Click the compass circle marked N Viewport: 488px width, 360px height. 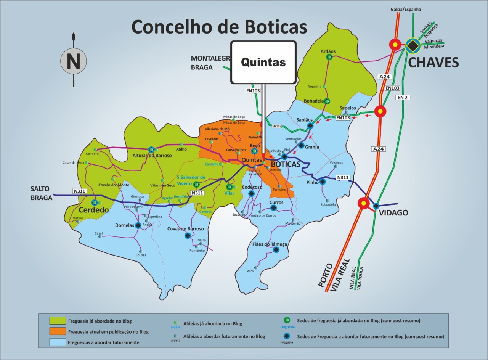73,61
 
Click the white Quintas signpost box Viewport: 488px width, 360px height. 263,62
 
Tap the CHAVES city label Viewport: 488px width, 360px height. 433,62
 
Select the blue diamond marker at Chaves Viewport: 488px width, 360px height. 412,45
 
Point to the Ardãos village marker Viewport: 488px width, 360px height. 329,57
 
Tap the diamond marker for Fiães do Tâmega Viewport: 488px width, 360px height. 276,250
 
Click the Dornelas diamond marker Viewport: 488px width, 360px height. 138,225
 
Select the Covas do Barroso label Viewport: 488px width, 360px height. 185,229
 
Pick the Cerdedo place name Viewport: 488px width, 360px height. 93,210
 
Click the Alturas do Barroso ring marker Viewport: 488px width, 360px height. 151,149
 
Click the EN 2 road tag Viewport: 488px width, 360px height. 403,98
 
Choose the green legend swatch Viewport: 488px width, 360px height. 57,321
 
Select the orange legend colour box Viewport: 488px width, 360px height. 57,331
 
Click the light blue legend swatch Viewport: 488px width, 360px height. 57,342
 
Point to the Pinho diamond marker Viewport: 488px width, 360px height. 323,182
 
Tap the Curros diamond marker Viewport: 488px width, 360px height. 273,208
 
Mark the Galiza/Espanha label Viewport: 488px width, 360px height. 406,9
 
